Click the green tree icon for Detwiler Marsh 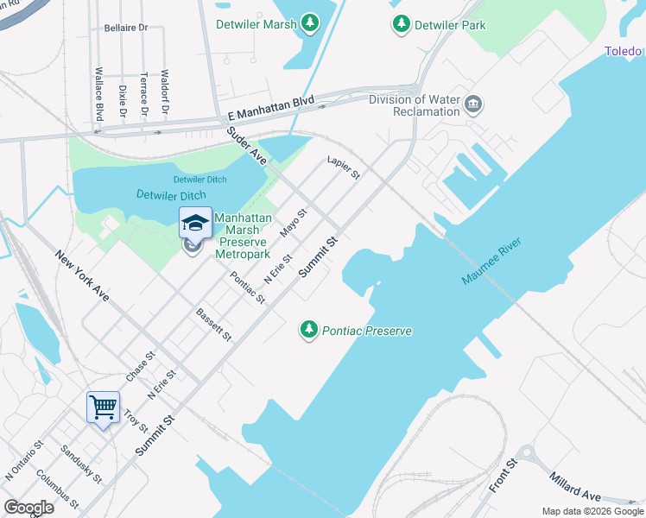[309, 23]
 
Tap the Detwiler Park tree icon [401, 24]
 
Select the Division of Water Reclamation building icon [473, 105]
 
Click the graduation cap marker [195, 224]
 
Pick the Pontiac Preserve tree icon [309, 330]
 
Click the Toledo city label [624, 52]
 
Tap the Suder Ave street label [247, 145]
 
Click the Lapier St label [343, 167]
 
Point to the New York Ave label [83, 275]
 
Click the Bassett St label [214, 324]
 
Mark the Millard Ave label [574, 488]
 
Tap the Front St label [502, 476]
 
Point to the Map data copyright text [592, 511]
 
